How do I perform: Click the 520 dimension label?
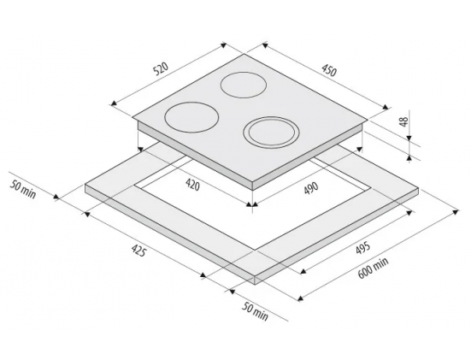pyautogui.click(x=160, y=69)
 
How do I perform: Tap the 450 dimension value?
pyautogui.click(x=329, y=71)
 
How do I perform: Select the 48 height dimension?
pyautogui.click(x=404, y=121)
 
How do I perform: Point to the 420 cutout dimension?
pyautogui.click(x=192, y=185)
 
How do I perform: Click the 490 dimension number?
pyautogui.click(x=311, y=189)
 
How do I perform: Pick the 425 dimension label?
pyautogui.click(x=138, y=250)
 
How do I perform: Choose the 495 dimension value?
pyautogui.click(x=362, y=248)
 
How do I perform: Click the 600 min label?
pyautogui.click(x=373, y=268)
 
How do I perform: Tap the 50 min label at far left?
pyautogui.click(x=22, y=189)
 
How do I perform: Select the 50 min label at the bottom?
pyautogui.click(x=255, y=311)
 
